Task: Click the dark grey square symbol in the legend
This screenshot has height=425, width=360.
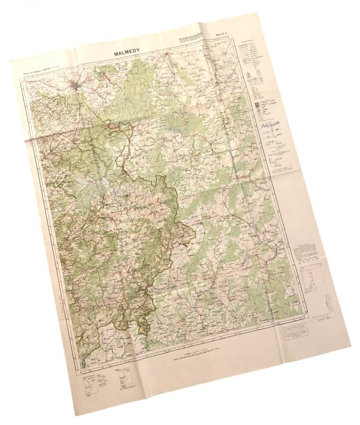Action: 257,105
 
